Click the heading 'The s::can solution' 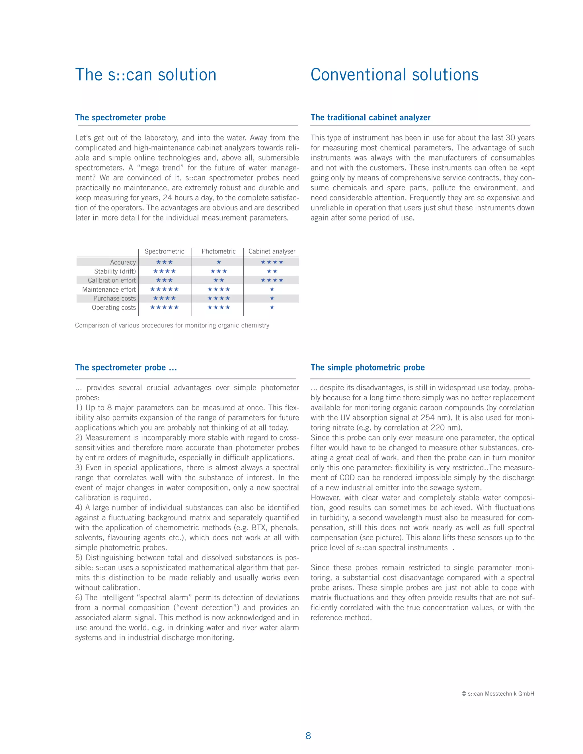pyautogui.click(x=146, y=75)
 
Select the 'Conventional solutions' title pyautogui.click(x=395, y=75)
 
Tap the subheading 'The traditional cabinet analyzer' pyautogui.click(x=370, y=118)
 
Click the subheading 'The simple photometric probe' pyautogui.click(x=368, y=368)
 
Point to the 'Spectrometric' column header pyautogui.click(x=165, y=251)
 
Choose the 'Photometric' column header pyautogui.click(x=219, y=251)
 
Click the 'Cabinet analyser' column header pyautogui.click(x=272, y=251)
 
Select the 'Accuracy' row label pyautogui.click(x=123, y=262)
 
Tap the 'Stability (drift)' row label pyautogui.click(x=115, y=271)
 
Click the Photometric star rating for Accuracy pyautogui.click(x=219, y=262)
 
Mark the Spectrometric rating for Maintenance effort pyautogui.click(x=165, y=289)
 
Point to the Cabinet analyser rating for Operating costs pyautogui.click(x=272, y=307)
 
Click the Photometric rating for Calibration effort pyautogui.click(x=219, y=280)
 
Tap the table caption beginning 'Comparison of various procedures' pyautogui.click(x=172, y=325)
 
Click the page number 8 pyautogui.click(x=308, y=736)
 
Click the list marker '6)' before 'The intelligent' pyautogui.click(x=79, y=598)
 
